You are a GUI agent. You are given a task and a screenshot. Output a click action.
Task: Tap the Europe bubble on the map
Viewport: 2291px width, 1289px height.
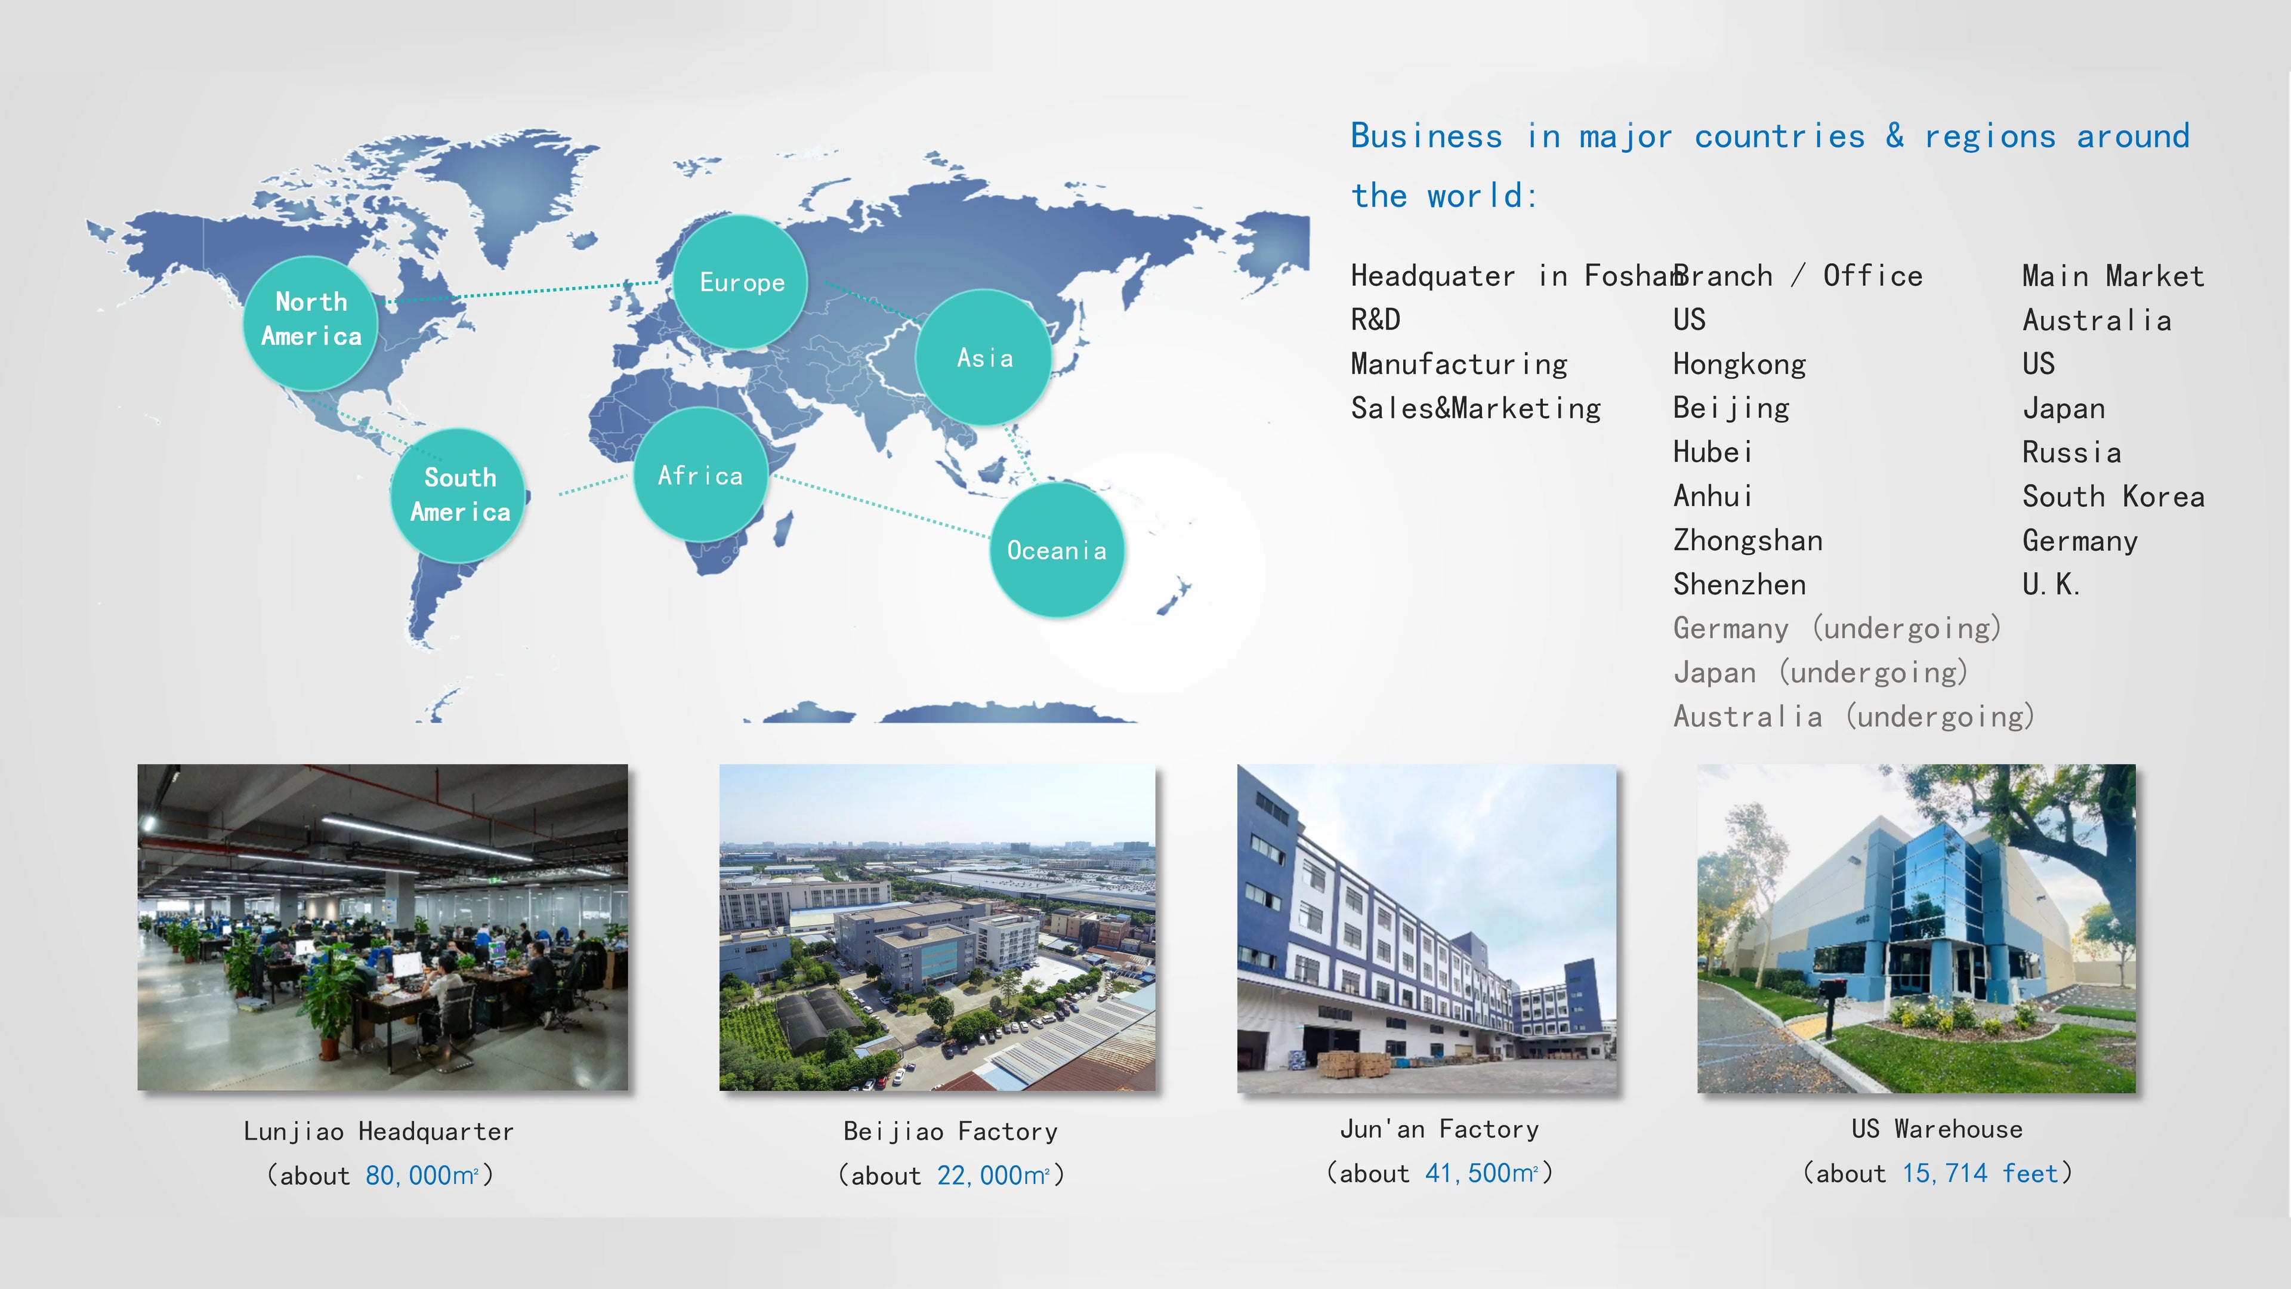[741, 282]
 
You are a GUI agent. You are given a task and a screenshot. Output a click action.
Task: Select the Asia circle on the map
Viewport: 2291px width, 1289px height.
[984, 357]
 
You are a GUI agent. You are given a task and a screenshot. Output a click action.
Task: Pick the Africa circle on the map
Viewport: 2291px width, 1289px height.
[701, 475]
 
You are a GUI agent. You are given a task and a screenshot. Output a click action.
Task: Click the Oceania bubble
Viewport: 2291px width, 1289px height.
[1057, 550]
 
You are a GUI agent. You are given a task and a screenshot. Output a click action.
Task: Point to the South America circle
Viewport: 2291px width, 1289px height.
[458, 495]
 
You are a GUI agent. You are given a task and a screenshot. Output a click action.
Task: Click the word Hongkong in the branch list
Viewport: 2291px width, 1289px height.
[1740, 364]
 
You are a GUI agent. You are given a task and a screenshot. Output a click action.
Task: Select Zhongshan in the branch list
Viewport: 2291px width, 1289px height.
[1747, 540]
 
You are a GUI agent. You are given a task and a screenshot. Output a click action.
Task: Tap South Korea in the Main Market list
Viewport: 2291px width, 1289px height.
[2113, 497]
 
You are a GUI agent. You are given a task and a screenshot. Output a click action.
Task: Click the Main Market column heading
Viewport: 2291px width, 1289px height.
[2113, 276]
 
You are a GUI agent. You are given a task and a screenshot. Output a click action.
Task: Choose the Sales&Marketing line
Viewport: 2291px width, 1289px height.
[1475, 408]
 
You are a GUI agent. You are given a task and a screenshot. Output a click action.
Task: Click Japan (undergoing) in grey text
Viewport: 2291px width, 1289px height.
[1820, 673]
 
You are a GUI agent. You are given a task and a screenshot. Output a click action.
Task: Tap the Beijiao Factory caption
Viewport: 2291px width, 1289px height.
[951, 1131]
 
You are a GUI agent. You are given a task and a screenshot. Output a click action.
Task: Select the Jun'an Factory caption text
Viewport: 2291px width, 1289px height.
[1440, 1129]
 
